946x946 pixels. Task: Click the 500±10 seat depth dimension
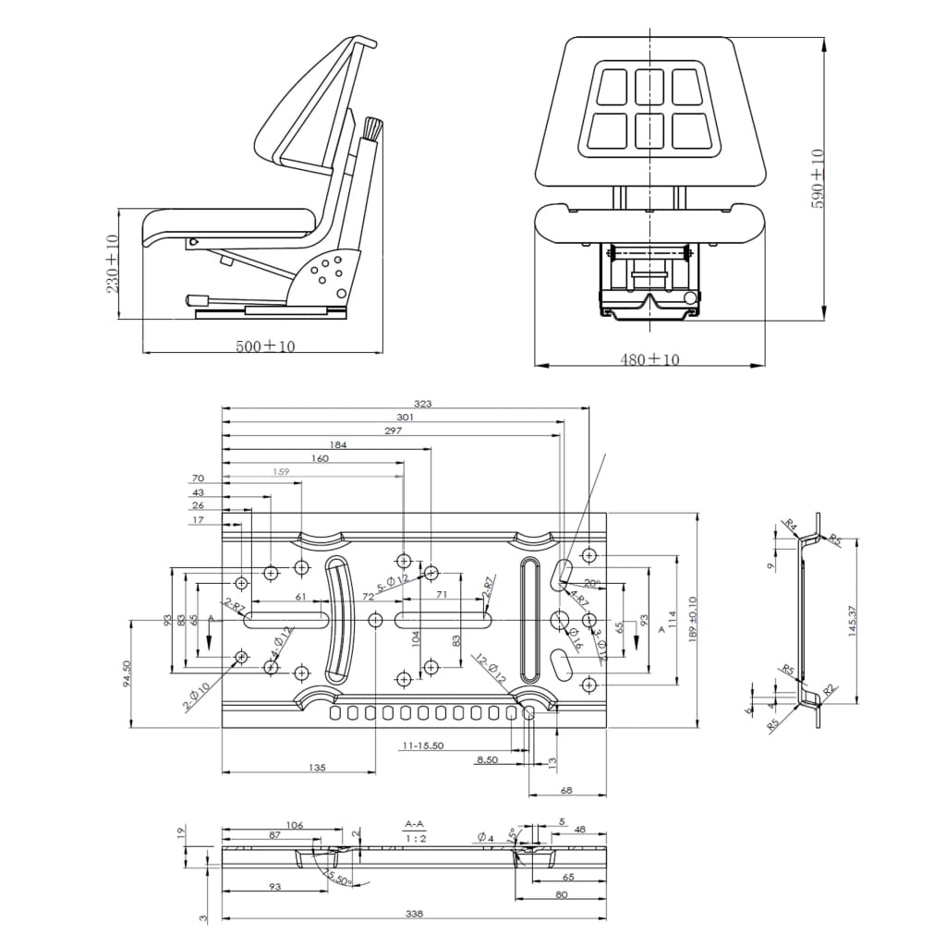pos(265,346)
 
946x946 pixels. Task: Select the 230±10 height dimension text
pos(113,263)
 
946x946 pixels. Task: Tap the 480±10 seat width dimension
pos(649,359)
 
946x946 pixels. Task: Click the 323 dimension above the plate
pos(424,404)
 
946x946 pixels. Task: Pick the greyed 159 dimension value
pos(282,471)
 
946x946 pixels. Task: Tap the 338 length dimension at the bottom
pos(414,914)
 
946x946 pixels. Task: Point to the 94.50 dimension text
pos(127,672)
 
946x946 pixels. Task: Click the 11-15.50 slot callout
pos(424,745)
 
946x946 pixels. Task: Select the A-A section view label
pos(415,823)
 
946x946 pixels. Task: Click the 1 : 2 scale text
pos(415,838)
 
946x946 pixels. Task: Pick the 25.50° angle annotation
pos(334,876)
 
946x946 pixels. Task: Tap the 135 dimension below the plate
pos(317,767)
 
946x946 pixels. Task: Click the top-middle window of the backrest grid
pos(649,87)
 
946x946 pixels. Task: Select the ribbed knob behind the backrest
pos(372,128)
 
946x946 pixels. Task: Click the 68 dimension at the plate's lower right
pos(566,790)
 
